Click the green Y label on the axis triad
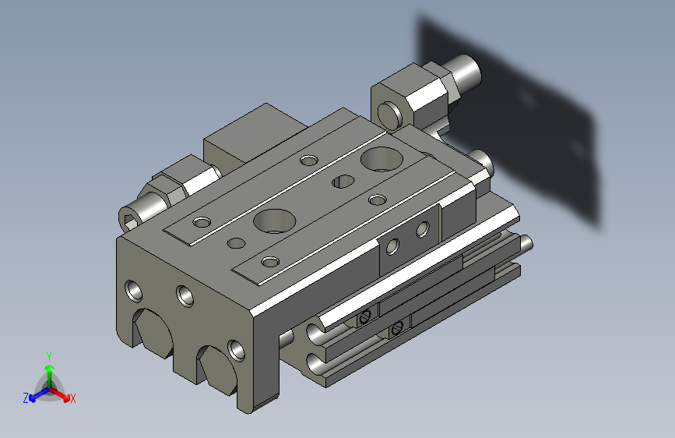pos(48,355)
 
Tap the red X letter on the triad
pos(72,398)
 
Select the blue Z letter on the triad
pos(26,397)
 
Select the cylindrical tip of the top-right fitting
pos(468,71)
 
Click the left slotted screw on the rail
pos(364,316)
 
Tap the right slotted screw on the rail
pos(398,328)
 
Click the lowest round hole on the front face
pos(236,348)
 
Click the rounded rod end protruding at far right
pos(526,244)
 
